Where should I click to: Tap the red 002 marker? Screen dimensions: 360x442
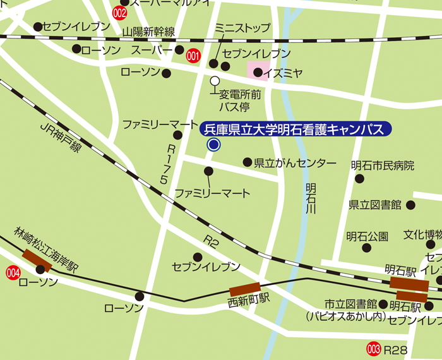[x=119, y=12]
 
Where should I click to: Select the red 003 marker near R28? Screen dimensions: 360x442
[x=374, y=349]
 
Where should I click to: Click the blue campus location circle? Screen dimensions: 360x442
[x=213, y=145]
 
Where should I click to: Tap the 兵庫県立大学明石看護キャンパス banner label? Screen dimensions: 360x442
[x=295, y=129]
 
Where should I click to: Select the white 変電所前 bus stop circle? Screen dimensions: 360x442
[x=215, y=81]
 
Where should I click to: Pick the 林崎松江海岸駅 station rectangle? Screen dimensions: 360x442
[x=37, y=260]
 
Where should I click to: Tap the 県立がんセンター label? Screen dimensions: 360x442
[x=295, y=164]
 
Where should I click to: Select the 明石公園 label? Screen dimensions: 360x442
[x=367, y=236]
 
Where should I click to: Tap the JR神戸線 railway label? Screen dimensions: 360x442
[x=61, y=137]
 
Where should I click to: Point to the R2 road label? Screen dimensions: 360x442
[x=210, y=241]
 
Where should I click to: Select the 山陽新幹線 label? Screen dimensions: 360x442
[x=148, y=31]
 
